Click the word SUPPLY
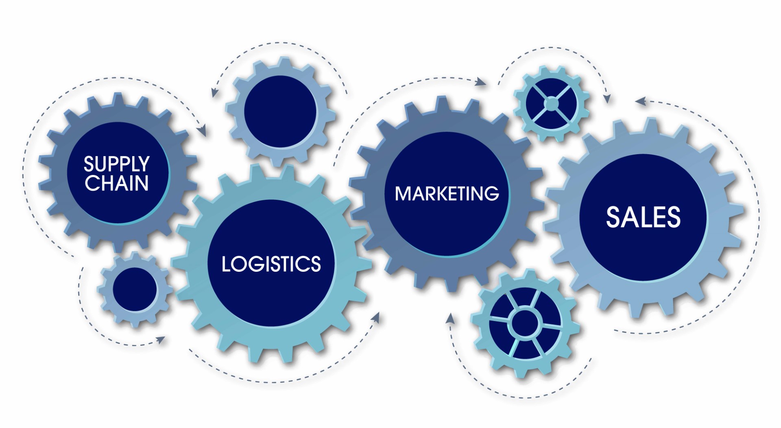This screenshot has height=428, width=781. coord(117,164)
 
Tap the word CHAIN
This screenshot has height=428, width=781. coord(117,183)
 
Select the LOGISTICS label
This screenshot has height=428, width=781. coord(271,264)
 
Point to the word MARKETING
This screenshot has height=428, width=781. coord(447,194)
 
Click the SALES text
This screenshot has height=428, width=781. coord(643,217)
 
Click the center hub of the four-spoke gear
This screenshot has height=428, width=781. coord(551,104)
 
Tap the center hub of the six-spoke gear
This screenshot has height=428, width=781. coord(525,323)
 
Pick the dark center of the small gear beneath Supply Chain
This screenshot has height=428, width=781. coord(135,289)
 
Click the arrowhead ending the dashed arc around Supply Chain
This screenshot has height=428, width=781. coord(202,131)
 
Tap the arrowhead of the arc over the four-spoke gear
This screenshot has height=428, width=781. coord(607,98)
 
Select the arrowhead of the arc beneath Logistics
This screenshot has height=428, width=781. coord(376,318)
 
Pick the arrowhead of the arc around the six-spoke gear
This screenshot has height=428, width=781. coord(450,318)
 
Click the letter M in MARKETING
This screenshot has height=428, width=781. coord(402,194)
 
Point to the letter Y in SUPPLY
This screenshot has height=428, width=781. coord(143,164)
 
